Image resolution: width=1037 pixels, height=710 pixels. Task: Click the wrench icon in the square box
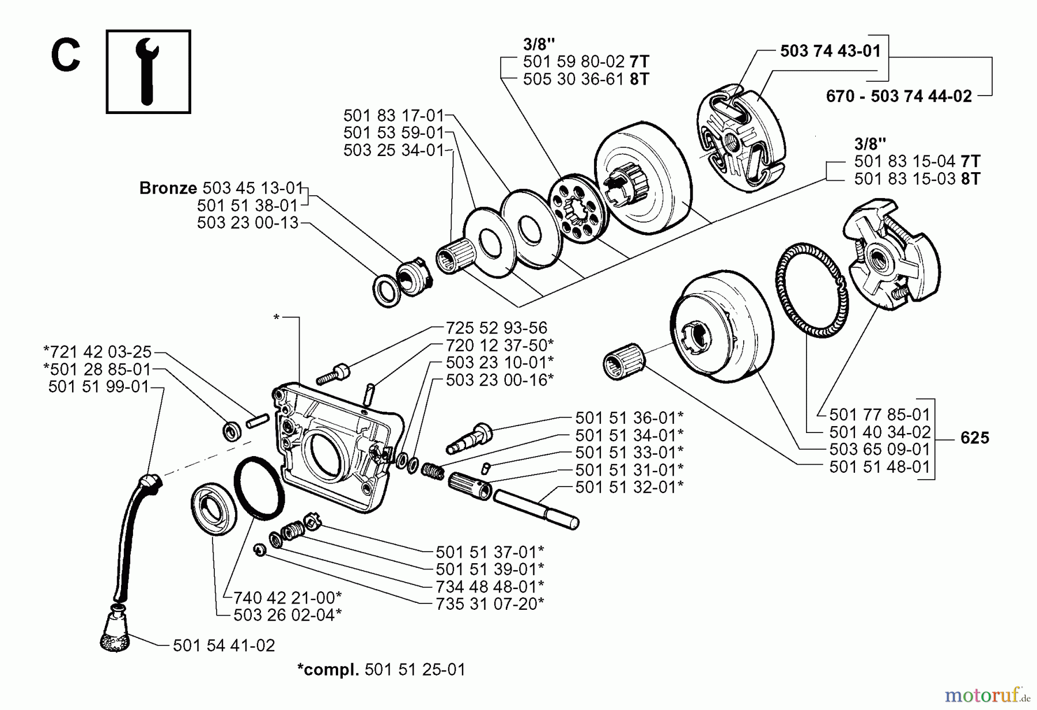click(x=149, y=72)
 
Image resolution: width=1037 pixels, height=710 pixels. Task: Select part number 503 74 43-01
click(x=830, y=51)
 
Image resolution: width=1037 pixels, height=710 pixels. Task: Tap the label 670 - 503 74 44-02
click(x=899, y=96)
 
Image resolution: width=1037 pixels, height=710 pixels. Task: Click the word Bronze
click(x=168, y=188)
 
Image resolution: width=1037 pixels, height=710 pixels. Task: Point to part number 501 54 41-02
click(x=224, y=646)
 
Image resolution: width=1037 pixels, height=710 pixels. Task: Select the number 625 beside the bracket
click(x=975, y=438)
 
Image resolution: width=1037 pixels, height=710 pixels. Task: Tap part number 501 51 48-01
click(x=880, y=467)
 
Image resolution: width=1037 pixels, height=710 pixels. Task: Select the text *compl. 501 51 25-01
click(x=381, y=670)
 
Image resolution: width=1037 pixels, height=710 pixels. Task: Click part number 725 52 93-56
click(x=496, y=328)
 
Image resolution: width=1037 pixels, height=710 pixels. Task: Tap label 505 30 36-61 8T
click(x=585, y=79)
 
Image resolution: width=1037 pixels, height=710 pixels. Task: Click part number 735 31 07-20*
click(x=490, y=604)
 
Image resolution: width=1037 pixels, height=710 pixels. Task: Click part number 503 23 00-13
click(x=248, y=223)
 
